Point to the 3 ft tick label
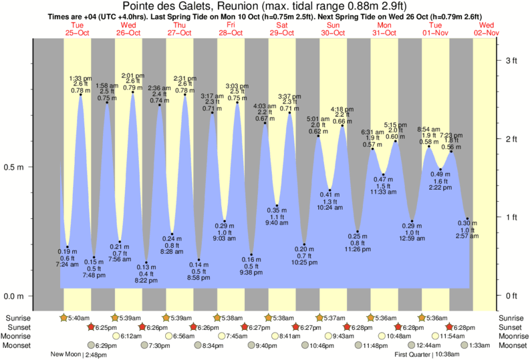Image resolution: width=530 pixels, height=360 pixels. pyautogui.click(x=511, y=61)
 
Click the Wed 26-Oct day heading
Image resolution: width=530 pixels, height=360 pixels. pyautogui.click(x=128, y=27)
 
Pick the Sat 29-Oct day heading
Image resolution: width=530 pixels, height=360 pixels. pyautogui.click(x=282, y=27)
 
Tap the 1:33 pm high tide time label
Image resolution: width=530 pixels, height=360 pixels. pyautogui.click(x=81, y=79)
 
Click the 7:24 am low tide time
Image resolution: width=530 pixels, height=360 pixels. pyautogui.click(x=67, y=265)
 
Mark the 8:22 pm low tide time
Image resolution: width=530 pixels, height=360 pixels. pyautogui.click(x=146, y=281)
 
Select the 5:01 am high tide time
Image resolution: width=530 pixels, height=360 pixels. pyautogui.click(x=318, y=118)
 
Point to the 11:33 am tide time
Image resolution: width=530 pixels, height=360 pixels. pyautogui.click(x=384, y=192)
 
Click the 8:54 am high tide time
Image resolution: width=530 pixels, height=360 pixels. pyautogui.click(x=429, y=129)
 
